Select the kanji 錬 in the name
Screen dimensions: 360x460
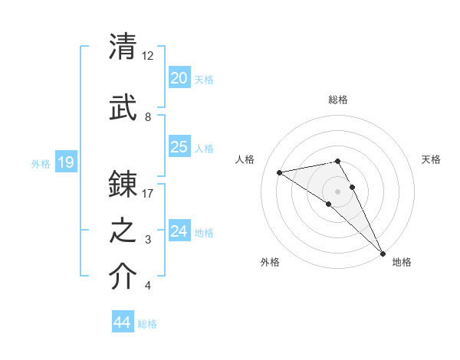[123, 185]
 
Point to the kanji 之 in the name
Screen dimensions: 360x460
[123, 231]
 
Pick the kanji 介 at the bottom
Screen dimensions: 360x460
[123, 277]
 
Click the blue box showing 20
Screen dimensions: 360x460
[179, 78]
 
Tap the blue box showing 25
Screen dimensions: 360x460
[179, 147]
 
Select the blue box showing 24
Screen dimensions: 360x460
[179, 231]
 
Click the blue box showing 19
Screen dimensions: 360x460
[65, 162]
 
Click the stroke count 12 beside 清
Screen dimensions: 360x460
[148, 56]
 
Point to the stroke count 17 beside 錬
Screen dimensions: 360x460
[148, 194]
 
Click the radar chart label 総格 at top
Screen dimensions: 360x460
[338, 100]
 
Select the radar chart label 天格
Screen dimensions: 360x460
[432, 159]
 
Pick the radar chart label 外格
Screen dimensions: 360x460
[270, 262]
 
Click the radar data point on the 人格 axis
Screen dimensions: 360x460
[280, 172]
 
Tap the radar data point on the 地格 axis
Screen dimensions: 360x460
[383, 252]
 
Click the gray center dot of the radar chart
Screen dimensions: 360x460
[337, 191]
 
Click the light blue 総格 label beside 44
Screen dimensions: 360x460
[147, 324]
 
